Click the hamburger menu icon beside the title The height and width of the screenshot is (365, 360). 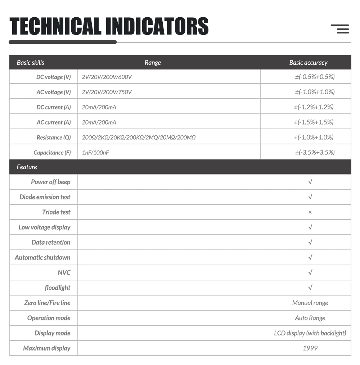click(340, 29)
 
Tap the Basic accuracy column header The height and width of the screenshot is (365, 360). click(308, 63)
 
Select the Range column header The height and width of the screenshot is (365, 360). click(153, 63)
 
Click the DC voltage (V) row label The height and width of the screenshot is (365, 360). click(54, 77)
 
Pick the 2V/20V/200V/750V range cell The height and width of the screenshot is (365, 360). click(107, 92)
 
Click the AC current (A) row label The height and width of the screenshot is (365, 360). click(54, 122)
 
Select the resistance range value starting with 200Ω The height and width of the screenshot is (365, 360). click(139, 138)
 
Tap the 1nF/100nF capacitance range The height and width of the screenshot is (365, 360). click(95, 153)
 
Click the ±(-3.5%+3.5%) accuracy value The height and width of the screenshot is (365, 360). click(315, 153)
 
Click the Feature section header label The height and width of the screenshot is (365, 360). click(27, 167)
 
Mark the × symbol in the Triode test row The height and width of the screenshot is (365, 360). click(310, 212)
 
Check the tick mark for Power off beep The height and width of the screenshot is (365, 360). click(310, 182)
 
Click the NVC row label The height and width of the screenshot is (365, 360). click(64, 273)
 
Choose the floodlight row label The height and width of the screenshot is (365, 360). click(58, 288)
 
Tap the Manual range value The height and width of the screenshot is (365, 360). click(310, 303)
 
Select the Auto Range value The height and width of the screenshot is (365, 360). click(310, 318)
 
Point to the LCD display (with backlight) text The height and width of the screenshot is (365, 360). click(310, 333)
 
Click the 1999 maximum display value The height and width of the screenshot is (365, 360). click(310, 348)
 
